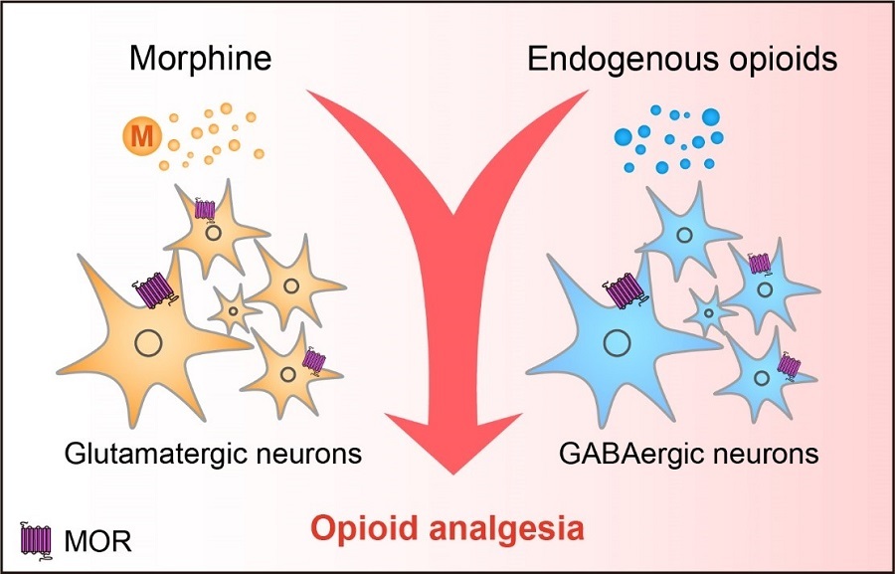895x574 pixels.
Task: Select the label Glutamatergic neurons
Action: [x=212, y=455]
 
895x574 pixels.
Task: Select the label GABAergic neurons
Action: [x=688, y=455]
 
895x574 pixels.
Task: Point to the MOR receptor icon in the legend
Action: [x=37, y=540]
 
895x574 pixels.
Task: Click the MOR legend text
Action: [x=97, y=542]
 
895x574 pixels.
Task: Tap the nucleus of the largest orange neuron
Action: [x=148, y=344]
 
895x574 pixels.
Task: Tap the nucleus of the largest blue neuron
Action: [x=618, y=345]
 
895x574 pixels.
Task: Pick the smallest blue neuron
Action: [x=708, y=312]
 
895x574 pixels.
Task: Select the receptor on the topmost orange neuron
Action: [x=205, y=209]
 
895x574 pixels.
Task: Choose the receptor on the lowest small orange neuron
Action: [x=315, y=360]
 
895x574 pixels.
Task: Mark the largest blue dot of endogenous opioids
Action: [x=712, y=117]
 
